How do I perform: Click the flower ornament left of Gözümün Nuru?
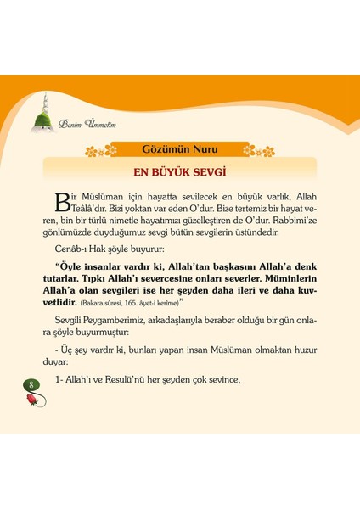[100, 151]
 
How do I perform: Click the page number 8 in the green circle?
[32, 386]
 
